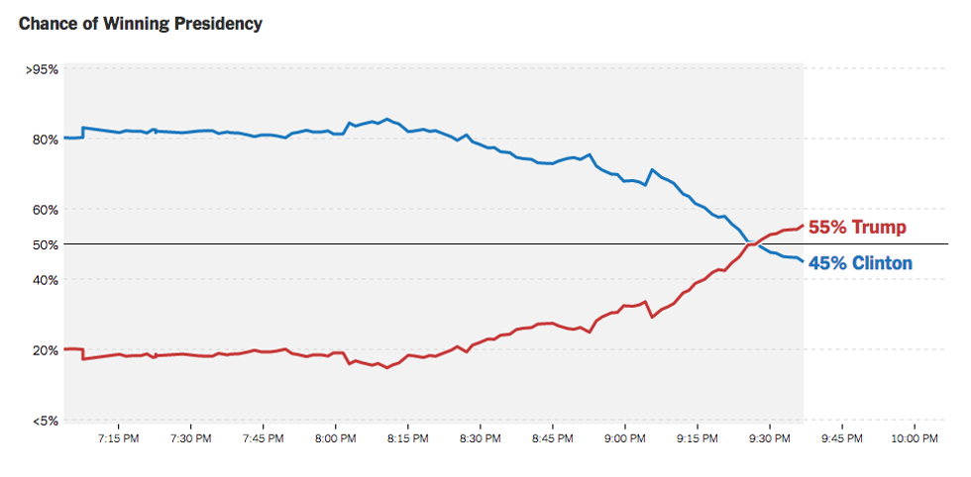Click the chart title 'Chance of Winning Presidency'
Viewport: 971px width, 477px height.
click(141, 23)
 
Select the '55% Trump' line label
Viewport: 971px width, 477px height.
click(857, 228)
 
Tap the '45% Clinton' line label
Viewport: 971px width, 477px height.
click(860, 263)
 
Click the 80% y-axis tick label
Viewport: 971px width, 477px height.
click(46, 140)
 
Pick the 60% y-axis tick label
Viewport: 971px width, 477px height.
click(46, 210)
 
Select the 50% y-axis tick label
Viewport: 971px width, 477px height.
click(46, 244)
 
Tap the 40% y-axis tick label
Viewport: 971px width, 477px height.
click(46, 280)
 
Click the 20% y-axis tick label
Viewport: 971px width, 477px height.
click(46, 350)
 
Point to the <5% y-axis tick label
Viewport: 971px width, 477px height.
click(46, 421)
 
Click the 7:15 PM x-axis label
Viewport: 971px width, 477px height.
click(118, 437)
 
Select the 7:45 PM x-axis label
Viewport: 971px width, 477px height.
click(263, 437)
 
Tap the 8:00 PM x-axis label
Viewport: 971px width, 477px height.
click(335, 437)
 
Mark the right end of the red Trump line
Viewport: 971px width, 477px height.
click(803, 226)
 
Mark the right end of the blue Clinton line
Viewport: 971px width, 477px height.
click(803, 261)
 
